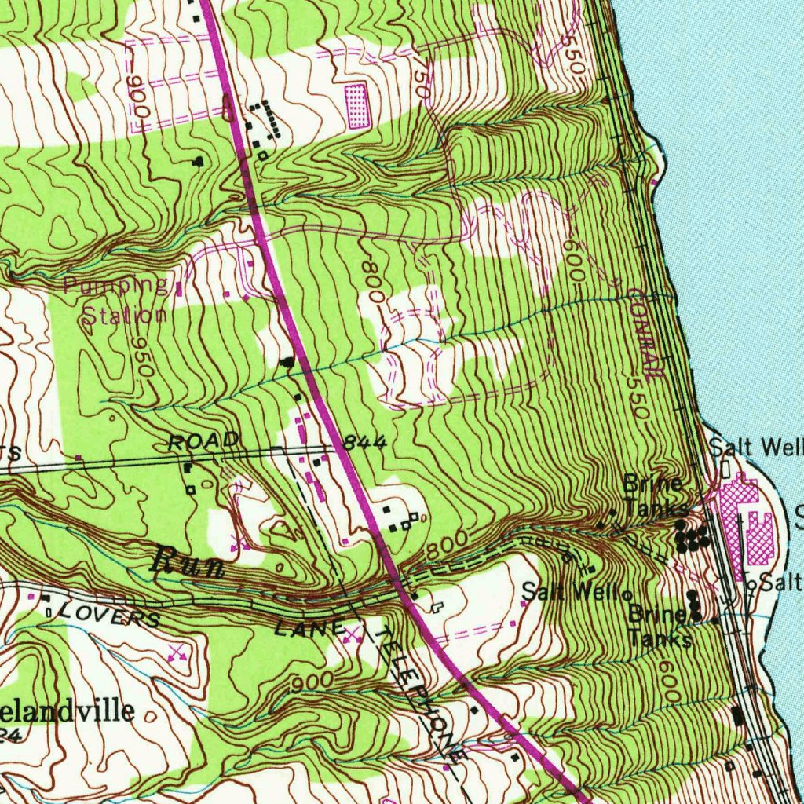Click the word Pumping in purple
click(116, 284)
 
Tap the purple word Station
click(126, 316)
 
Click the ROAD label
click(203, 442)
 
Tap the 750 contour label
click(422, 79)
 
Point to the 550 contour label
click(638, 397)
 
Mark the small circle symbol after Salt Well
click(628, 594)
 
